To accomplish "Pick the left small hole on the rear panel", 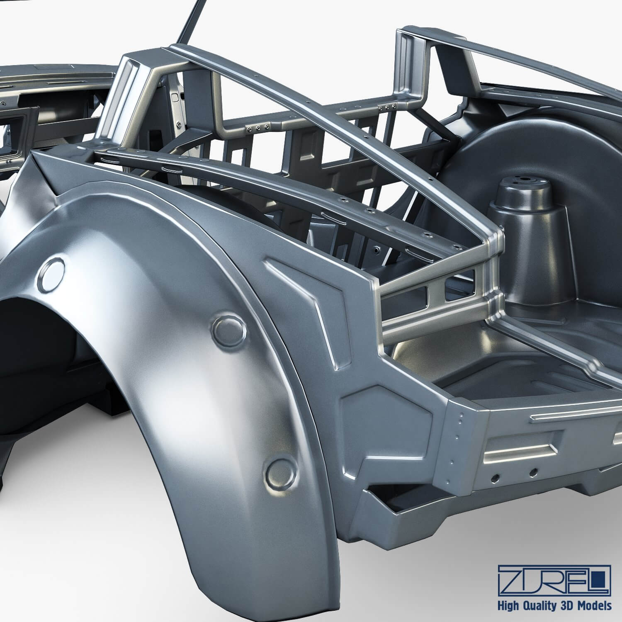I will pos(495,477).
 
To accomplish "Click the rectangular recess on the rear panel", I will pos(522,448).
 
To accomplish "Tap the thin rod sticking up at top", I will pos(188,21).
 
